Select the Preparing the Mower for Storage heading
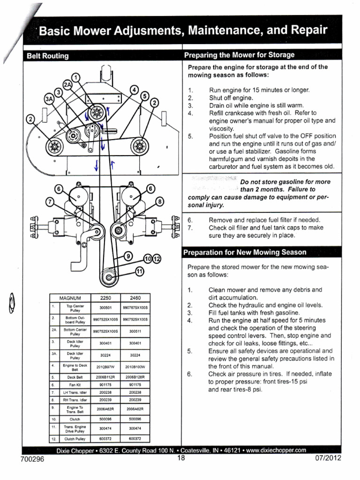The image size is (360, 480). [x=240, y=55]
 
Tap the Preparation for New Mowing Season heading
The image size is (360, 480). [x=244, y=252]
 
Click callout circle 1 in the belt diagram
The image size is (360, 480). [x=76, y=77]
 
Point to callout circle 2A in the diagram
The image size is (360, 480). [x=68, y=85]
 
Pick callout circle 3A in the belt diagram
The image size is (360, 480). [x=49, y=99]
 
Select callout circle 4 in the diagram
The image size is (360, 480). [x=135, y=90]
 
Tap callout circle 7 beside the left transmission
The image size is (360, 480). [x=50, y=202]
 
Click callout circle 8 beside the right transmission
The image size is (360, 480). [x=159, y=202]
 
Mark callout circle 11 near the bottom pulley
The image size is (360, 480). [x=139, y=271]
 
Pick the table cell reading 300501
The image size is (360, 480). [x=105, y=307]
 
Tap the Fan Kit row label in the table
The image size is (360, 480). [x=75, y=384]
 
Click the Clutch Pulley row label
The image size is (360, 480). [x=75, y=439]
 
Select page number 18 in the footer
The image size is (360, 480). [x=181, y=459]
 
